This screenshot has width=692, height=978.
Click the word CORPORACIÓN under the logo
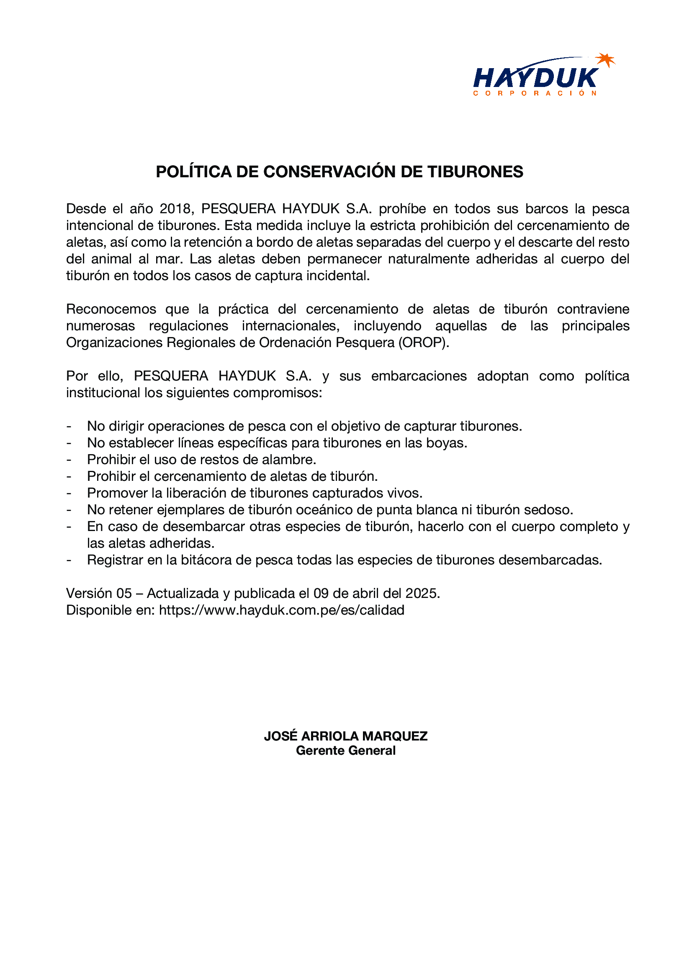535,93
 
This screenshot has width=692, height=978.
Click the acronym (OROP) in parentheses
423,342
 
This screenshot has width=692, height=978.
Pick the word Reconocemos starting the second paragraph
111,309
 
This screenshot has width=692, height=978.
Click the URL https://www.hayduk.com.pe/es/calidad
281,610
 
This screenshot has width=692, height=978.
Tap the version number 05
124,593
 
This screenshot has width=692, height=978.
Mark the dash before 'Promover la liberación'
69,493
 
